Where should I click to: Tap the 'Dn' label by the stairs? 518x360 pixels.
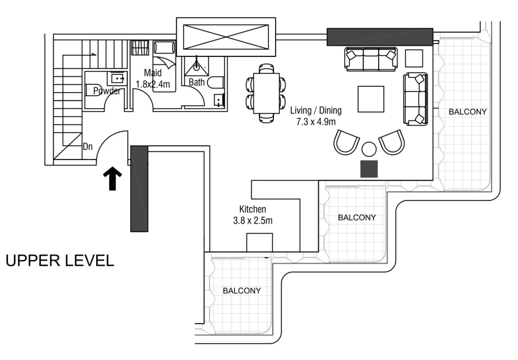(87, 146)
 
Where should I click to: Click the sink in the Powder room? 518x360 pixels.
(117, 77)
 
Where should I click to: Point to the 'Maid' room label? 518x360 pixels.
(153, 74)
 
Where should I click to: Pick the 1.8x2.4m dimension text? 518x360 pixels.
(153, 84)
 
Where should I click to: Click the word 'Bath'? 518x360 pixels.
(197, 82)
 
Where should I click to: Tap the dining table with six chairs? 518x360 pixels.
(265, 93)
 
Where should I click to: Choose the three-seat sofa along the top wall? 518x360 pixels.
(371, 58)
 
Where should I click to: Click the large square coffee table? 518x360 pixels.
(372, 98)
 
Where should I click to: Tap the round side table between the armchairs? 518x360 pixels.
(369, 149)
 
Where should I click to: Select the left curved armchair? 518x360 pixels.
(346, 141)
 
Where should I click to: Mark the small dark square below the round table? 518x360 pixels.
(369, 168)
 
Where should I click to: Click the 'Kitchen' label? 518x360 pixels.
(253, 209)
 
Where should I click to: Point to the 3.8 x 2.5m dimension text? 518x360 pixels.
(253, 220)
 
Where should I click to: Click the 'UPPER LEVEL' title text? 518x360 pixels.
(60, 260)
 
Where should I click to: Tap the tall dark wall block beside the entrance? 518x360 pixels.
(139, 188)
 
